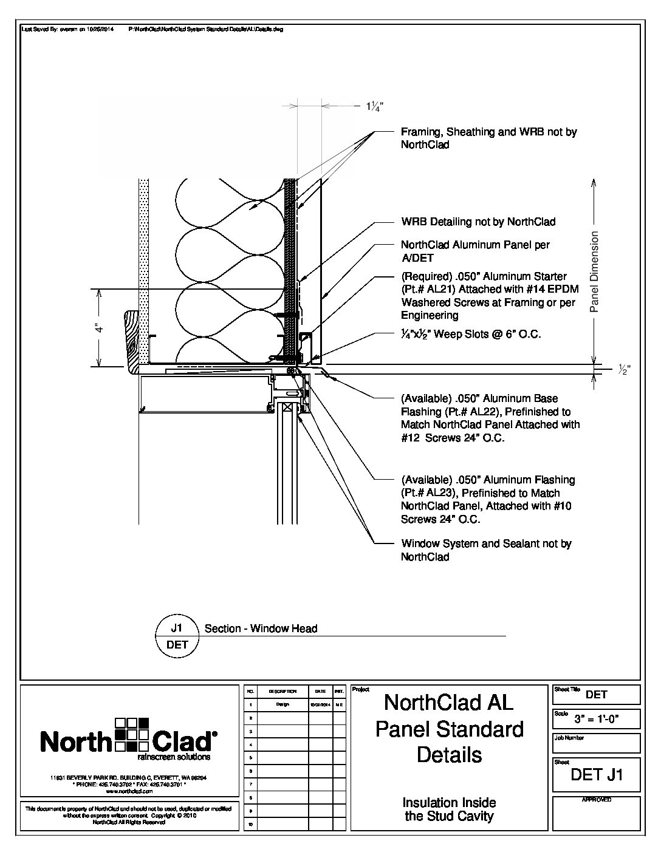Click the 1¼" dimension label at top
click(x=374, y=107)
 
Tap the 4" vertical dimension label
click(x=100, y=328)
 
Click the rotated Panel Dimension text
click(x=595, y=271)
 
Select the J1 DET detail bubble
click(x=177, y=636)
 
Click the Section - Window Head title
click(x=261, y=628)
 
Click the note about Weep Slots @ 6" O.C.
click(x=471, y=334)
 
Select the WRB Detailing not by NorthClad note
click(x=478, y=222)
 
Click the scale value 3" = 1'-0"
click(x=605, y=720)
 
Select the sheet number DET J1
click(x=597, y=775)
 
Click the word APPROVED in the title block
click(x=597, y=800)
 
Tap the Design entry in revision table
click(x=283, y=704)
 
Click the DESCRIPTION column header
click(x=283, y=691)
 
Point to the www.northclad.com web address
click(x=129, y=791)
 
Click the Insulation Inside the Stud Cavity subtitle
click(x=449, y=809)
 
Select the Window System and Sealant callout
click(x=486, y=550)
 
